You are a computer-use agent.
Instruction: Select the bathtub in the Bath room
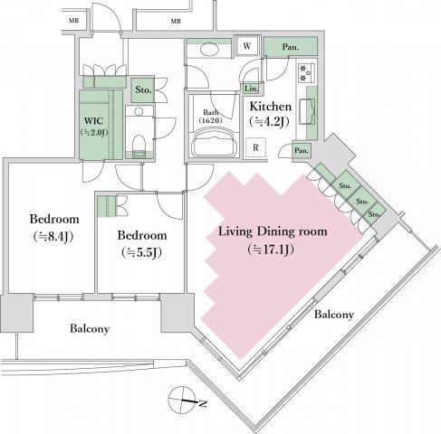pyautogui.click(x=214, y=143)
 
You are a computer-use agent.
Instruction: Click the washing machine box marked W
pyautogui.click(x=247, y=45)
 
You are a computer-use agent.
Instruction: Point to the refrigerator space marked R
pyautogui.click(x=255, y=147)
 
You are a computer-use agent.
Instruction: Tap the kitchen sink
pyautogui.click(x=307, y=112)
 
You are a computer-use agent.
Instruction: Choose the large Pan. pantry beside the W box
pyautogui.click(x=291, y=47)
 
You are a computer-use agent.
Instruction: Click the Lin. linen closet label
pyautogui.click(x=251, y=89)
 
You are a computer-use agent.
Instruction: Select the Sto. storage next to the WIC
pyautogui.click(x=143, y=90)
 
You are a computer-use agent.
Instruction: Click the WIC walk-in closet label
pyautogui.click(x=94, y=121)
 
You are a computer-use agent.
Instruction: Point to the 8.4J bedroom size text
pyautogui.click(x=53, y=237)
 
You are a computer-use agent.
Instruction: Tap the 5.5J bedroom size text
pyautogui.click(x=141, y=252)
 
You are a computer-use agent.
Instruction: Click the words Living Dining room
pyautogui.click(x=273, y=231)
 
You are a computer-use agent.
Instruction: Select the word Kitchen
pyautogui.click(x=271, y=107)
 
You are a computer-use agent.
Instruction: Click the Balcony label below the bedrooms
pyautogui.click(x=90, y=328)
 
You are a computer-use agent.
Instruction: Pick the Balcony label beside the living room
pyautogui.click(x=333, y=315)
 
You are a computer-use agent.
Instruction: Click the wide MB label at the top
pyautogui.click(x=176, y=22)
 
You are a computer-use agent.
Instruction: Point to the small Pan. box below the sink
pyautogui.click(x=302, y=150)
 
